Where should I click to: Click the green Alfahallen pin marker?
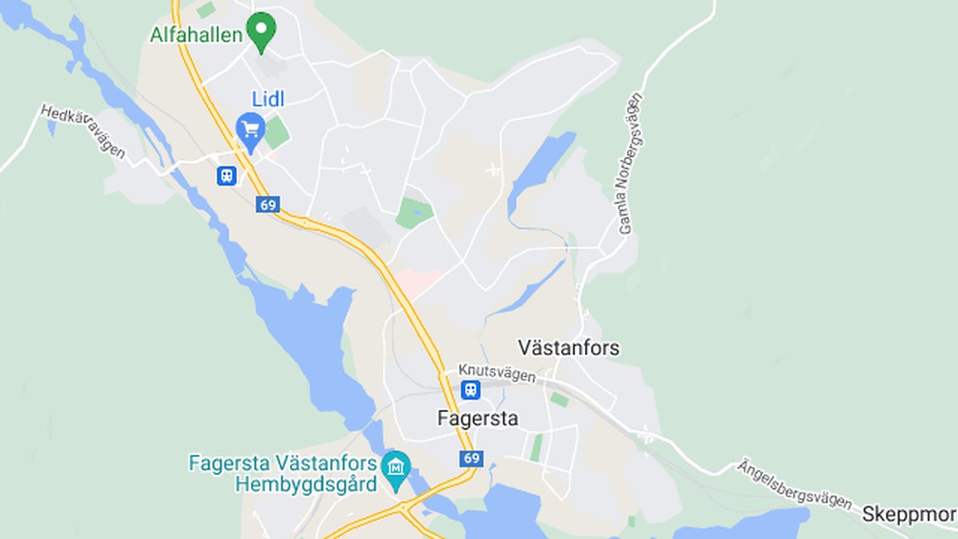tap(260, 30)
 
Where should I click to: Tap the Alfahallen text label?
tap(196, 34)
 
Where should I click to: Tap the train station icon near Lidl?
tap(227, 176)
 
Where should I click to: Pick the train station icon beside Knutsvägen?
tap(471, 390)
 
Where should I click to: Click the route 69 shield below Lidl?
tap(267, 205)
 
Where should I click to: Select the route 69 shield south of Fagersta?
tap(471, 458)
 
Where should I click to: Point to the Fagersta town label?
tap(477, 418)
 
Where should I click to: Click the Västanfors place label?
tap(568, 348)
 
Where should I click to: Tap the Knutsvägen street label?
tap(497, 372)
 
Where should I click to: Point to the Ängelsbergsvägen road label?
tap(794, 483)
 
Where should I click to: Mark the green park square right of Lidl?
tap(276, 133)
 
